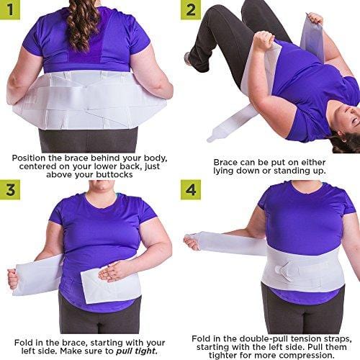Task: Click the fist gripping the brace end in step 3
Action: click(12, 278)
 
